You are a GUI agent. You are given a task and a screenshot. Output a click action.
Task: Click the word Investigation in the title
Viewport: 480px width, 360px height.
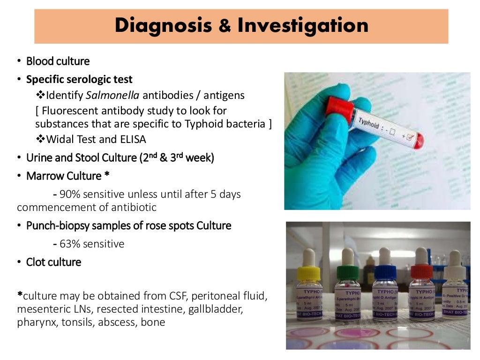click(x=303, y=26)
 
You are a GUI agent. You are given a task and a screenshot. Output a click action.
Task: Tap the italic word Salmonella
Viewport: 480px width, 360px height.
click(x=112, y=96)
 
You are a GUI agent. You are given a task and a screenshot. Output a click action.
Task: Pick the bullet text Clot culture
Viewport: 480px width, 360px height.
click(x=53, y=262)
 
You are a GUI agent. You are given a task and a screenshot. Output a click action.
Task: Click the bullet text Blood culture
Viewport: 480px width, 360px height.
click(x=58, y=61)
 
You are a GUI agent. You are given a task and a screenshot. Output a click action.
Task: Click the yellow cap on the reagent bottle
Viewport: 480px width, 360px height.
click(x=309, y=272)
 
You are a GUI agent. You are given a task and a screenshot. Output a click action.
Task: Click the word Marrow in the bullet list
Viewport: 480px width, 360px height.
click(x=45, y=176)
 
